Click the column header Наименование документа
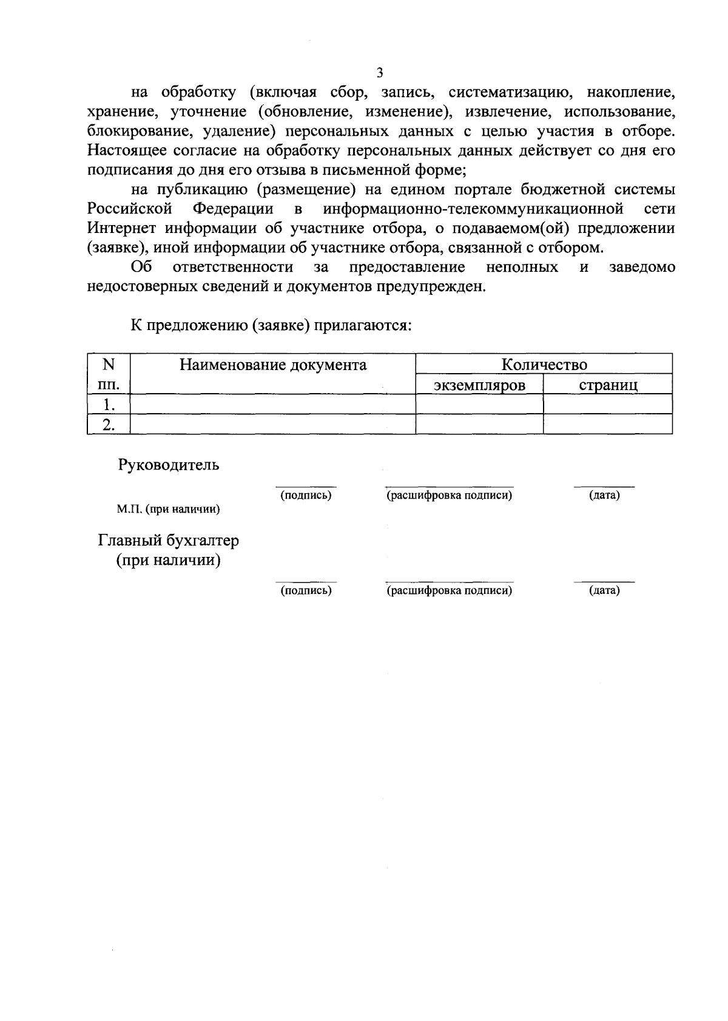click(x=272, y=365)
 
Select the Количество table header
click(x=544, y=365)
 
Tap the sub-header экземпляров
click(x=479, y=385)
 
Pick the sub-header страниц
click(x=607, y=385)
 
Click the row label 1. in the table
click(x=109, y=404)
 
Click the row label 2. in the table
click(x=109, y=424)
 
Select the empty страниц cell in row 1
click(x=607, y=404)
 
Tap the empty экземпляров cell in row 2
click(x=479, y=424)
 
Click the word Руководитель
click(x=168, y=465)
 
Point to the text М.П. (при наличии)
click(x=168, y=510)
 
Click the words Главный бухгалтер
click(x=169, y=541)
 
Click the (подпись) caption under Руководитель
click(x=306, y=496)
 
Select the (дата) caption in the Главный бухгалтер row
click(x=604, y=590)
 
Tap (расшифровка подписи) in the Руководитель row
click(x=450, y=496)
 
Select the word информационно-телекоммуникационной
click(x=473, y=209)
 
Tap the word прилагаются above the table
click(x=363, y=326)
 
